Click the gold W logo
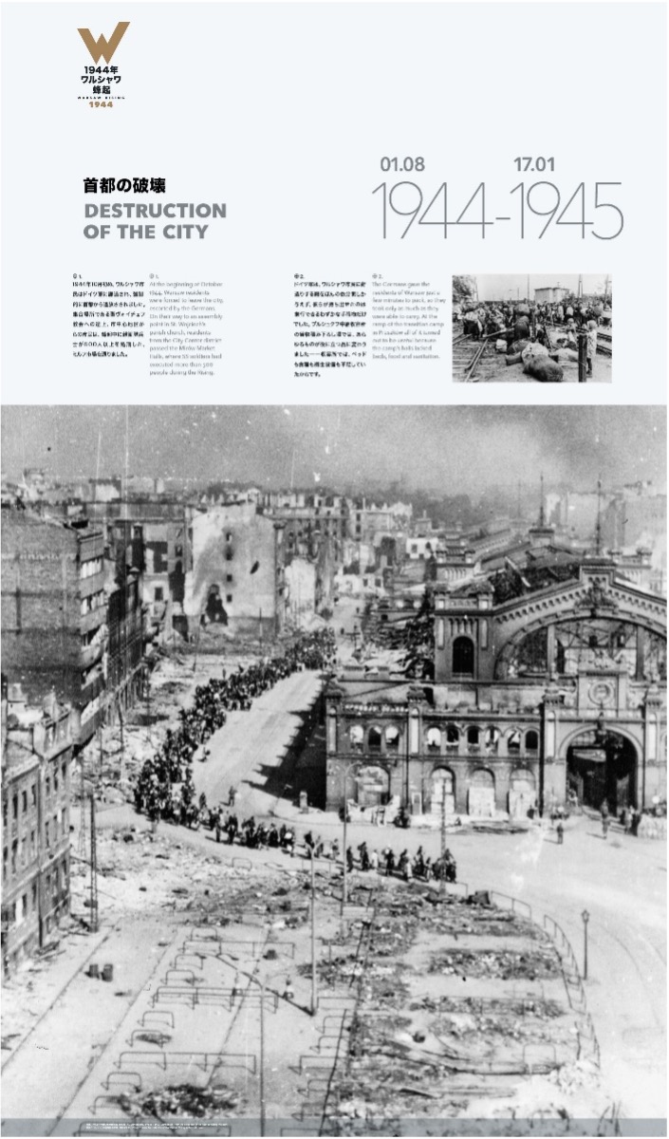103,42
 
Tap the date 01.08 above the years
402,164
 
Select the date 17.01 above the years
535,164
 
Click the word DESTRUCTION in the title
155,211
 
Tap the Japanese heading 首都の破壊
124,186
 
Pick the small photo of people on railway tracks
531,328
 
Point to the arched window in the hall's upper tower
463,655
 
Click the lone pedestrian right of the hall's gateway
560,831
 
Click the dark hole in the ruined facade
215,604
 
